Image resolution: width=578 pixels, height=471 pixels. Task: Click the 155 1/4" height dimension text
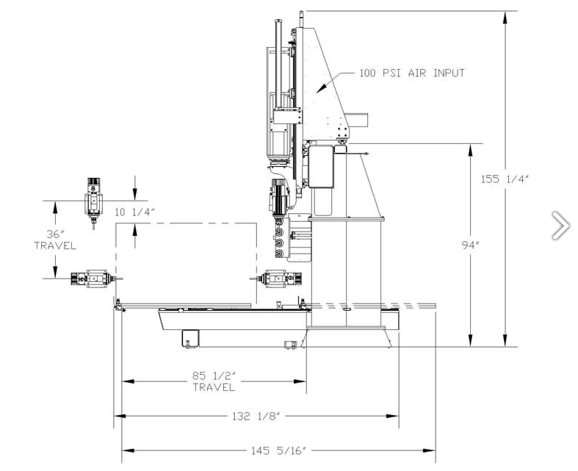click(x=505, y=179)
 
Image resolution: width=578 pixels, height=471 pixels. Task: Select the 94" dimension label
click(x=470, y=245)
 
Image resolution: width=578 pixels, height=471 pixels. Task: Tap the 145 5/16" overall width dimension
click(x=278, y=450)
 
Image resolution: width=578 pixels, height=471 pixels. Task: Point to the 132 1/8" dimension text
click(x=256, y=417)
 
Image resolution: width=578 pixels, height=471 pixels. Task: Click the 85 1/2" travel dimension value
click(x=214, y=375)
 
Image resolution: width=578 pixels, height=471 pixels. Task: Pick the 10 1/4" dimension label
click(x=134, y=212)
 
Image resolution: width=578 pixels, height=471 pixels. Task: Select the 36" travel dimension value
click(x=55, y=234)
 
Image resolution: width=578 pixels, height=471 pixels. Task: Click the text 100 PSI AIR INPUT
click(x=412, y=73)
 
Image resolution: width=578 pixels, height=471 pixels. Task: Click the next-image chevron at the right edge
click(x=560, y=225)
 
